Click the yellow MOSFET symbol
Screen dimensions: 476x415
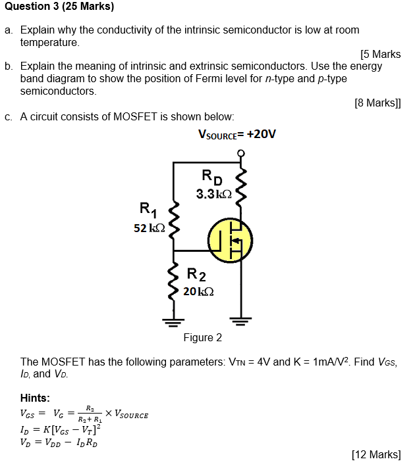tap(230, 239)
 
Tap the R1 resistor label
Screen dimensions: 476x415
tap(148, 210)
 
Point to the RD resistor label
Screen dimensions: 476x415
tap(212, 177)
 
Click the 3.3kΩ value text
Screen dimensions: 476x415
tap(213, 194)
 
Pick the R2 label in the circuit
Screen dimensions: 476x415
tap(196, 274)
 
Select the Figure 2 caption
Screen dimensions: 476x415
tap(202, 337)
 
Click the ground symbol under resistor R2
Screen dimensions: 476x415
tap(174, 321)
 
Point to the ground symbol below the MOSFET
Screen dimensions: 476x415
tap(240, 321)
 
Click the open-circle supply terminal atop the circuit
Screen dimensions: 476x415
tap(241, 154)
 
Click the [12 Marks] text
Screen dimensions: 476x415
tap(376, 454)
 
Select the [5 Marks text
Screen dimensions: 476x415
tap(381, 55)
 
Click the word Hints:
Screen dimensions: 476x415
tap(35, 398)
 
